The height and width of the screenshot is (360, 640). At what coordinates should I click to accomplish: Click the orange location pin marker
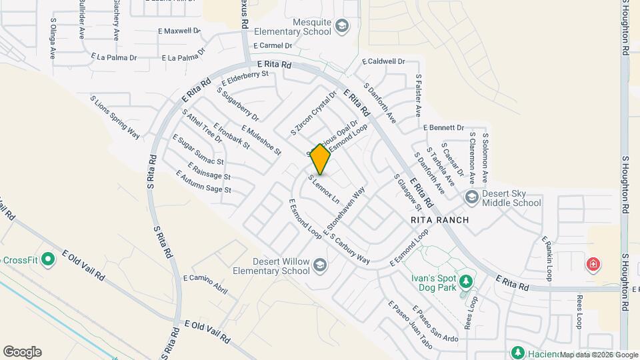click(321, 159)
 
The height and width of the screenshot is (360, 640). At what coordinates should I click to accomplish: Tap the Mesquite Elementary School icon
click(342, 26)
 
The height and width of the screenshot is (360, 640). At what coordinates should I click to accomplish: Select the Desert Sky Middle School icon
click(472, 197)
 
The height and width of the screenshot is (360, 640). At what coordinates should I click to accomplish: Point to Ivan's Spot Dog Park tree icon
click(466, 281)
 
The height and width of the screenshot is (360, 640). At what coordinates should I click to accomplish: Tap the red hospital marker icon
click(592, 265)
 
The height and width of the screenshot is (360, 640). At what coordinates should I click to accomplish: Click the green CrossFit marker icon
click(47, 259)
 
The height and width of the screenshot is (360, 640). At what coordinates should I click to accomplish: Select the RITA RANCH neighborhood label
click(439, 220)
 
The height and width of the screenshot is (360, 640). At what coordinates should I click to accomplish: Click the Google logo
click(22, 352)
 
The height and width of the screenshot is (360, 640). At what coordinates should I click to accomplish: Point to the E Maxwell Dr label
click(179, 31)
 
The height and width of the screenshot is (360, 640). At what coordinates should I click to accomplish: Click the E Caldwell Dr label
click(383, 61)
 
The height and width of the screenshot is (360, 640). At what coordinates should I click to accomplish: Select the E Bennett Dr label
click(443, 127)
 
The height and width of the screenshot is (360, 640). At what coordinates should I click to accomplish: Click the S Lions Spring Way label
click(115, 117)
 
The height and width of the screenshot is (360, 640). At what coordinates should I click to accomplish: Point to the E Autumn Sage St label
click(203, 181)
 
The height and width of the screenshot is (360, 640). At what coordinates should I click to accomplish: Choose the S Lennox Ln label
click(324, 189)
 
